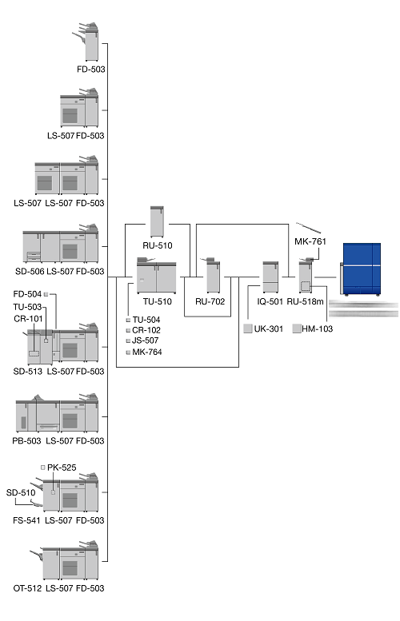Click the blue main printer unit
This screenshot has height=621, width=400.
click(x=361, y=269)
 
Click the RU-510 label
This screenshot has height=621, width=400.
click(x=158, y=245)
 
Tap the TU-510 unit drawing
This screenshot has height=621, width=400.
click(x=156, y=275)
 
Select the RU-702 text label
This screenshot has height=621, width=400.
click(x=210, y=302)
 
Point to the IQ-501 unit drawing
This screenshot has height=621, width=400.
click(x=270, y=277)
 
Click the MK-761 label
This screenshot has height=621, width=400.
click(x=310, y=241)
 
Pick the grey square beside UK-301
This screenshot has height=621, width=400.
click(x=248, y=328)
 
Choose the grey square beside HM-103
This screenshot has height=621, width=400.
click(x=297, y=328)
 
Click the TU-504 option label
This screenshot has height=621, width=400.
click(x=146, y=320)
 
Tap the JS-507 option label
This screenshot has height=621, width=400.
click(x=145, y=340)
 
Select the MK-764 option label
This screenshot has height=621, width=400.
click(x=147, y=352)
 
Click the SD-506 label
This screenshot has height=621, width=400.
click(x=30, y=271)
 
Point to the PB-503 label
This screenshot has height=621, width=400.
click(x=26, y=441)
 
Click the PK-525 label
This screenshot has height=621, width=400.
click(x=62, y=468)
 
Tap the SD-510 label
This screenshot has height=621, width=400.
click(x=21, y=492)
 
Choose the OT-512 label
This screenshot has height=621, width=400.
click(x=27, y=588)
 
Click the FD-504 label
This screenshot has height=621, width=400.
click(x=27, y=294)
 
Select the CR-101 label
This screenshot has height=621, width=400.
click(x=28, y=318)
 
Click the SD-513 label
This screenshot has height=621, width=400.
click(x=28, y=372)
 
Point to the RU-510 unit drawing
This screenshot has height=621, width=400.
click(x=157, y=221)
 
